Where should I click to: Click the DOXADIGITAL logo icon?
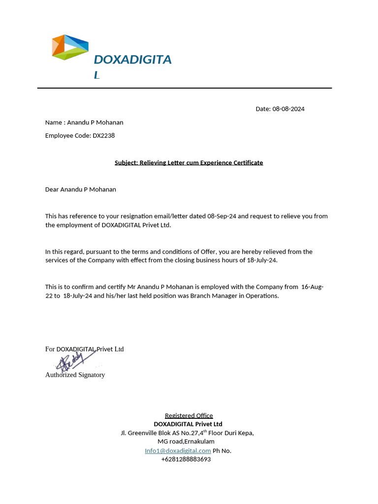click(x=70, y=47)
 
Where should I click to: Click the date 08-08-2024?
click(x=288, y=109)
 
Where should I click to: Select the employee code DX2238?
click(x=103, y=135)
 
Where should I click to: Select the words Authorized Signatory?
click(x=75, y=375)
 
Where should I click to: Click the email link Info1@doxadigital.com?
click(x=178, y=450)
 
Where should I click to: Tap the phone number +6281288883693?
click(x=186, y=459)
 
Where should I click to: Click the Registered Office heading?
click(x=189, y=415)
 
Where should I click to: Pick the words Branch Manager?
click(x=217, y=296)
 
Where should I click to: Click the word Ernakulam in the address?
click(x=199, y=441)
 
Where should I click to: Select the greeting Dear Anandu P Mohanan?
click(x=81, y=189)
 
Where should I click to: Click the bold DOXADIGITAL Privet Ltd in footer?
click(x=188, y=424)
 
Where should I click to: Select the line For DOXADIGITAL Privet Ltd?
click(x=84, y=349)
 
